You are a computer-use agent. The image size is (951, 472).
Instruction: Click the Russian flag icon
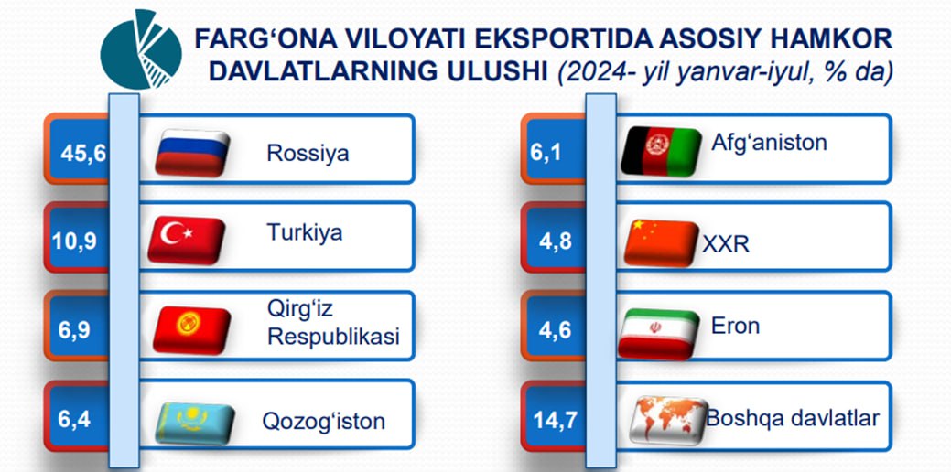coord(191,152)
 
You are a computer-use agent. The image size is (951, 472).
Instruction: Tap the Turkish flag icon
coord(186,240)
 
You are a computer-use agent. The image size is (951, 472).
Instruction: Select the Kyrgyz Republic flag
coord(191,329)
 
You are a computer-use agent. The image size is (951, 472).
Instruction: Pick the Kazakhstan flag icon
coord(195,423)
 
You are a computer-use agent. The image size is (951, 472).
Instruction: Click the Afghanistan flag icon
coord(661,151)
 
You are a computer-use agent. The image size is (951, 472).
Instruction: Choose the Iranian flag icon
coord(659,334)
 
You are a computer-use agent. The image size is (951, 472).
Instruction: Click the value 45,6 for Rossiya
coord(83,153)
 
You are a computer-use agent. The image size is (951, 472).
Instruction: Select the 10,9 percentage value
coord(74,241)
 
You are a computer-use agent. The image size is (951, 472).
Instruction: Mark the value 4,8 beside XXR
coord(555,241)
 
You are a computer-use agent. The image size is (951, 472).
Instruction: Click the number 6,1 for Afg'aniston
coord(546,153)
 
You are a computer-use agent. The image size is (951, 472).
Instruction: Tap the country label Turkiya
coord(305,232)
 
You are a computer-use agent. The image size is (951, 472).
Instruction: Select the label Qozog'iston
coord(323,421)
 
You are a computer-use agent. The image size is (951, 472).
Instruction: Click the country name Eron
coord(735,326)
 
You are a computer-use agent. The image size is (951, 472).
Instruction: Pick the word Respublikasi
coord(333,338)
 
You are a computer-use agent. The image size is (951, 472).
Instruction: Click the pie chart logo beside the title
coord(141,49)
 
